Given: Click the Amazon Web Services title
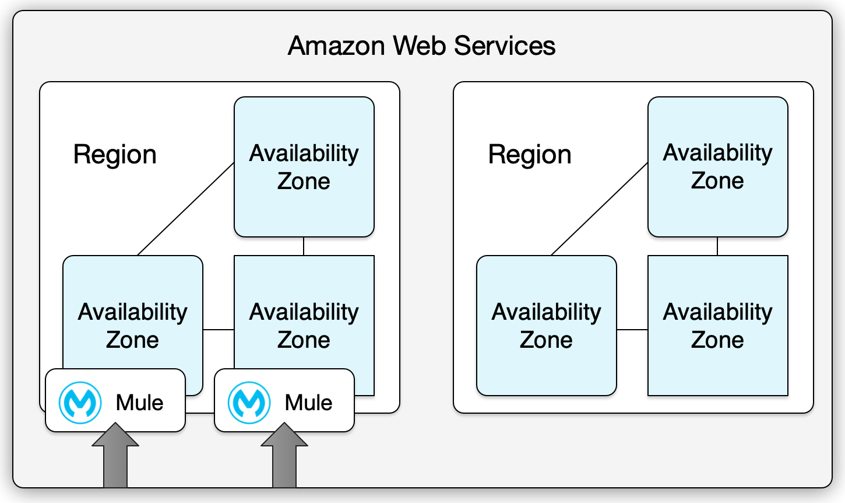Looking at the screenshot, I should point(421,46).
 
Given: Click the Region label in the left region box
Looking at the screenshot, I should point(115,155).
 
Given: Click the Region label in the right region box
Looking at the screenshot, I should point(530,155).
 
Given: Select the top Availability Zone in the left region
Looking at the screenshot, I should point(304,167).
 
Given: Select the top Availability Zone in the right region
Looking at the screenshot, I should point(717,167).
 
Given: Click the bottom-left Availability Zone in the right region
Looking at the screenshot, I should point(546,326).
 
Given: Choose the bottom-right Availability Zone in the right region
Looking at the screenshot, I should point(717,326).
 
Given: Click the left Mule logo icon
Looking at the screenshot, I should point(80,403).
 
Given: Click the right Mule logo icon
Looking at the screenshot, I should point(249,403).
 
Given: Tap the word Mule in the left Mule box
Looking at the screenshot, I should point(139,403).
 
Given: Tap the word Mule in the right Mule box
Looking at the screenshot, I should point(308,403).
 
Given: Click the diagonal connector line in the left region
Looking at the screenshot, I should point(185,209).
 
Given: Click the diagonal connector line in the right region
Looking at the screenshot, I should point(599,209).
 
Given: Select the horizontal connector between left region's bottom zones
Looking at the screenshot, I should point(219,330).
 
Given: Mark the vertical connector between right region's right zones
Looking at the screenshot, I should point(717,246).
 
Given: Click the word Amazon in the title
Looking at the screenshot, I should point(337,46).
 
